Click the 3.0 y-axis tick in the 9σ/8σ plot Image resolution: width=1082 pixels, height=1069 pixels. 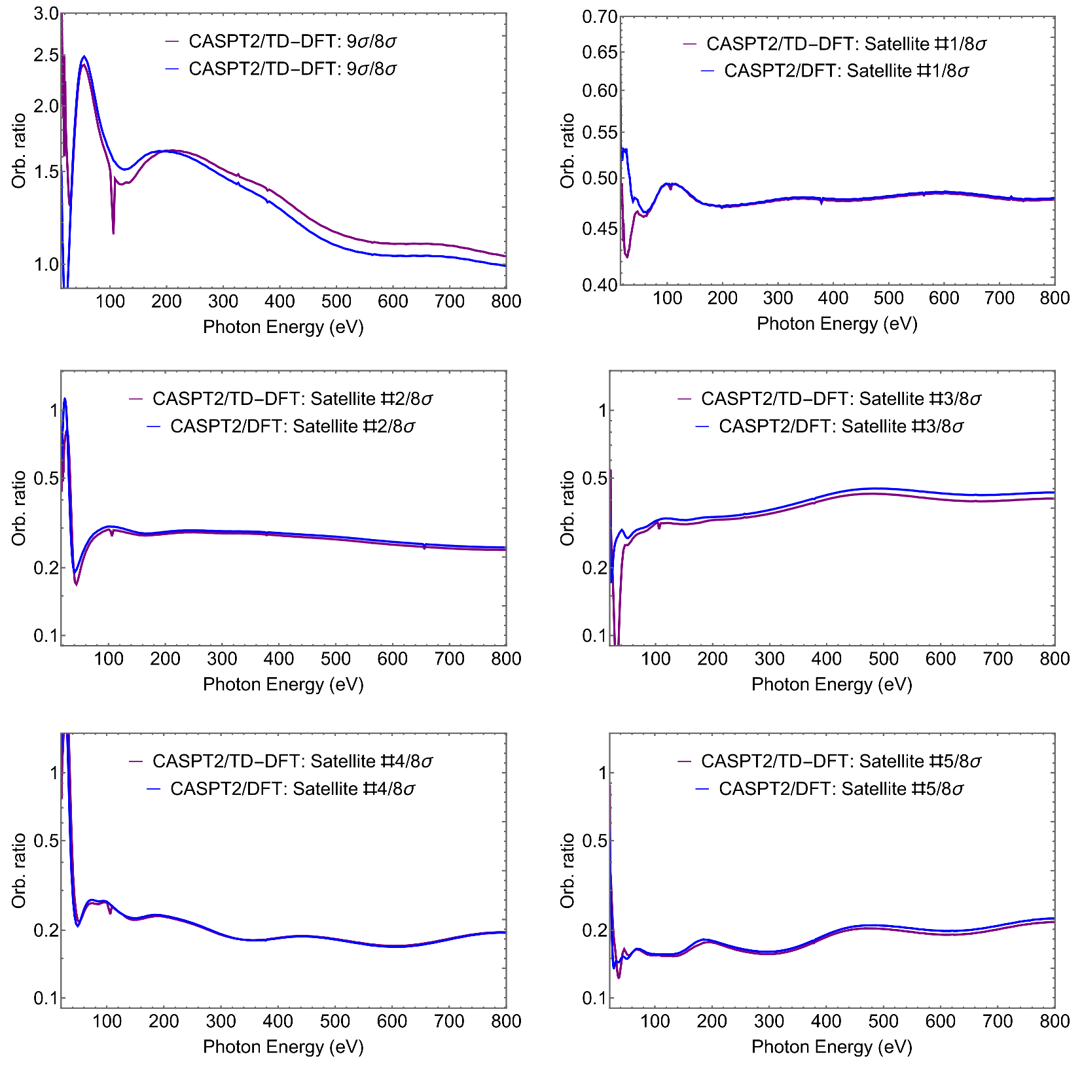pyautogui.click(x=46, y=14)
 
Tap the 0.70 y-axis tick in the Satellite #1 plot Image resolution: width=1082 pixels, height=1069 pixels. pyautogui.click(x=600, y=17)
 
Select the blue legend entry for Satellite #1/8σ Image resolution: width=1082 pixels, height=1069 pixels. pyautogui.click(x=846, y=71)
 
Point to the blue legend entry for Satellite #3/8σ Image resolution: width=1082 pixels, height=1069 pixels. pyautogui.click(x=840, y=427)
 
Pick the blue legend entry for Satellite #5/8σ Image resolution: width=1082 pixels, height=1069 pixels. pyautogui.click(x=840, y=789)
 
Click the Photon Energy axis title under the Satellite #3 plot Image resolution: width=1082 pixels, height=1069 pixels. pyautogui.click(x=831, y=684)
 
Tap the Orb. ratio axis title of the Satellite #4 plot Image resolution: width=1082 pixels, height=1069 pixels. pyautogui.click(x=19, y=870)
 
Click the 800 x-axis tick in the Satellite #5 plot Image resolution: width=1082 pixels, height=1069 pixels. pyautogui.click(x=1054, y=1021)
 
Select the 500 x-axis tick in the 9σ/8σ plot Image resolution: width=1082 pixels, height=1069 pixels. pyautogui.click(x=336, y=302)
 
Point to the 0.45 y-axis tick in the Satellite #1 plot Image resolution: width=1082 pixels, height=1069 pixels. pyautogui.click(x=600, y=229)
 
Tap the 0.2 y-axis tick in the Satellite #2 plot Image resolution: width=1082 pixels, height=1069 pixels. pyautogui.click(x=46, y=568)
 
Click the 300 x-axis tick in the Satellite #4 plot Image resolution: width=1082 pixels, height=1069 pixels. pyautogui.click(x=221, y=1021)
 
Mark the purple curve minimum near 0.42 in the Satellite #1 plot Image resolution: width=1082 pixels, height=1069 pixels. pyautogui.click(x=627, y=256)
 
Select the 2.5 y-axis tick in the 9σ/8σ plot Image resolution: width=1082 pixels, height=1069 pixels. pyautogui.click(x=46, y=55)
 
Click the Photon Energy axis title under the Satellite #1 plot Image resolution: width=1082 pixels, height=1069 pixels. pyautogui.click(x=837, y=324)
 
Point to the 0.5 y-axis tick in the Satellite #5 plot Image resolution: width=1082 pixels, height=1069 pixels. pyautogui.click(x=594, y=841)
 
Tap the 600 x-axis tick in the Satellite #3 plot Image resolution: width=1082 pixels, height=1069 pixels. pyautogui.click(x=941, y=659)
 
